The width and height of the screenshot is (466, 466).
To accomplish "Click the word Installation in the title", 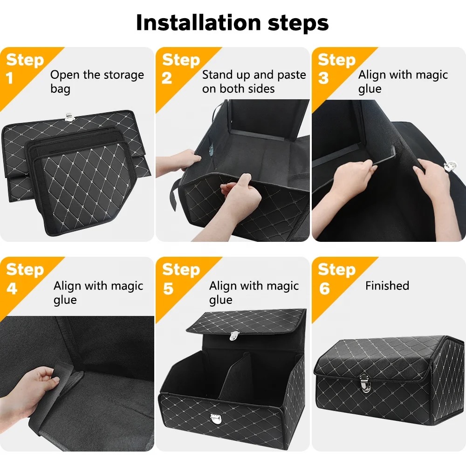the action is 198,22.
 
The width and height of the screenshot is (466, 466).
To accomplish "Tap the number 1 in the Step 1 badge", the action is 9,78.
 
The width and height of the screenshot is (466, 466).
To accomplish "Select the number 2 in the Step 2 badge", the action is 167,78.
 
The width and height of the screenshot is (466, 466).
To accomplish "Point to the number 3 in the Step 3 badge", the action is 323,78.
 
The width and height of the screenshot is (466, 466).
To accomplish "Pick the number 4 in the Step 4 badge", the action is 12,288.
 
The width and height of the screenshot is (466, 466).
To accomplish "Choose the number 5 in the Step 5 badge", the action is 168,288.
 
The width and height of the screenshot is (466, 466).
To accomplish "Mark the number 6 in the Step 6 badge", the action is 324,288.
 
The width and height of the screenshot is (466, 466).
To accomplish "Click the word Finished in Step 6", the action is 387,286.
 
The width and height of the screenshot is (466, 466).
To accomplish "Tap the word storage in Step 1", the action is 123,75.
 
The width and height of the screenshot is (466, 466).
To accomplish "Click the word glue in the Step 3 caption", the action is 370,89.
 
